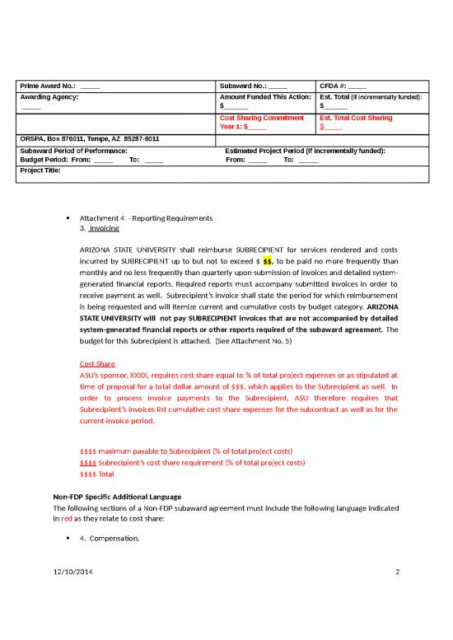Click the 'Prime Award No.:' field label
pyautogui.click(x=48, y=86)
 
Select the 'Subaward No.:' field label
pyautogui.click(x=244, y=86)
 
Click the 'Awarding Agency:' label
pyautogui.click(x=49, y=97)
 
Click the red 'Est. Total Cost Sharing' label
pyautogui.click(x=356, y=118)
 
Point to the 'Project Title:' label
pyautogui.click(x=40, y=171)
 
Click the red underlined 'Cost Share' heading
pyautogui.click(x=97, y=363)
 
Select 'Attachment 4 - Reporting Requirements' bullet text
pyautogui.click(x=146, y=217)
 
